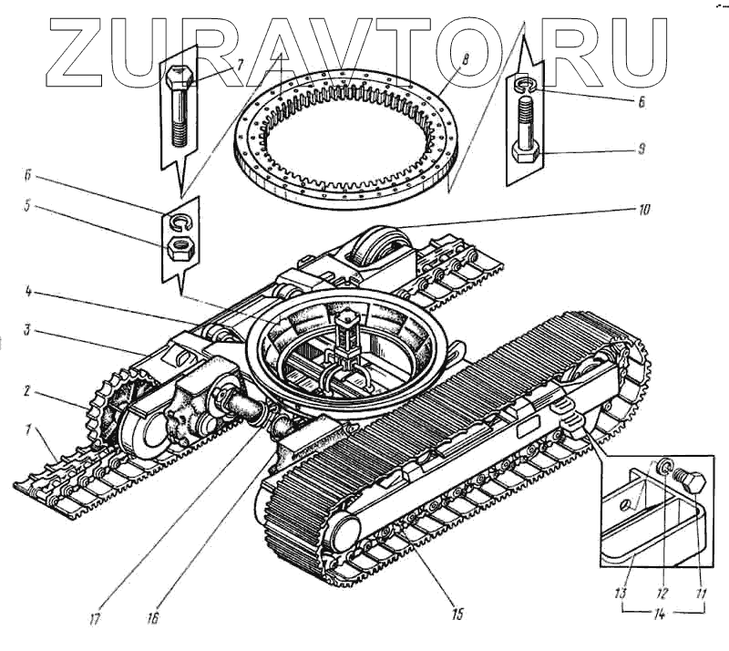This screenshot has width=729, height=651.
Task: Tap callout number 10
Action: [x=644, y=208]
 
